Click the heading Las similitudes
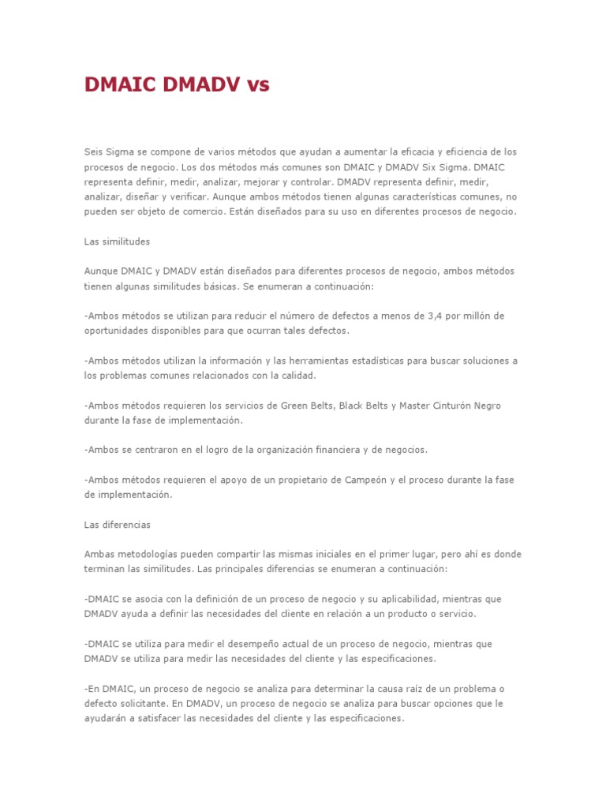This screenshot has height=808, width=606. [117, 241]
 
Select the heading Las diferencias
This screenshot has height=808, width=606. [117, 525]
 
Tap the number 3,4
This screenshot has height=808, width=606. [436, 316]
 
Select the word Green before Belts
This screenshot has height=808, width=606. [295, 406]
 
